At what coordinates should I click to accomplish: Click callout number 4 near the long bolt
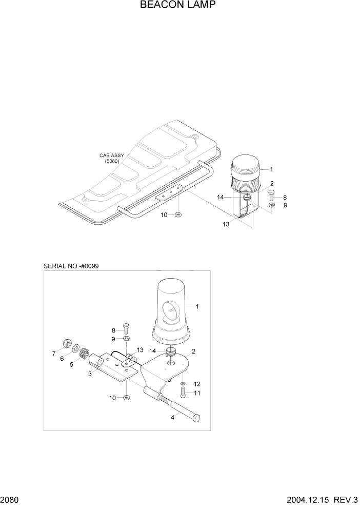pyautogui.click(x=172, y=417)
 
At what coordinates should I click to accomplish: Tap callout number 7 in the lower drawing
pyautogui.click(x=53, y=354)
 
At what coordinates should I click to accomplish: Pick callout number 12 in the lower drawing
pyautogui.click(x=196, y=384)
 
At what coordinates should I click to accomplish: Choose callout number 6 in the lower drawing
pyautogui.click(x=62, y=359)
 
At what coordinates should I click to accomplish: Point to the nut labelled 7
pyautogui.click(x=65, y=343)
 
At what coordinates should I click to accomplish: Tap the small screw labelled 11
pyautogui.click(x=183, y=393)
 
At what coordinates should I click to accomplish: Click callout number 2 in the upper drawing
pyautogui.click(x=271, y=183)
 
